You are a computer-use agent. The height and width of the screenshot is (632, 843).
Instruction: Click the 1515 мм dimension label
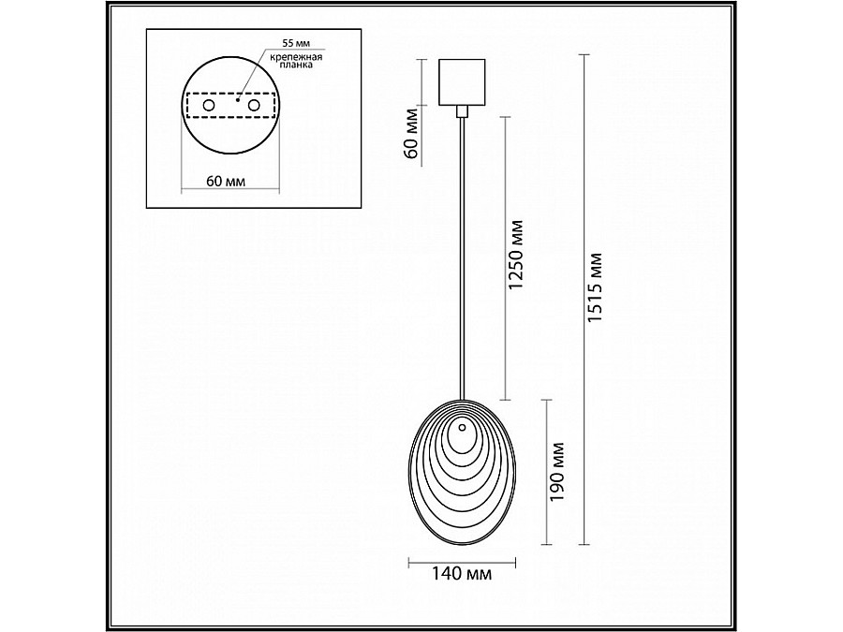click(x=596, y=287)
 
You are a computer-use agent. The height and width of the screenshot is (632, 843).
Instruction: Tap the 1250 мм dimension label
click(x=515, y=254)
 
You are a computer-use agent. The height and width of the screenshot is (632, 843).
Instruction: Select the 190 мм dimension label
click(x=557, y=471)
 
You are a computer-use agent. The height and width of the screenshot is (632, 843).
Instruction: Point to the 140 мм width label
click(x=462, y=574)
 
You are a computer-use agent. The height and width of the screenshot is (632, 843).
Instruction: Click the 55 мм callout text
click(x=296, y=43)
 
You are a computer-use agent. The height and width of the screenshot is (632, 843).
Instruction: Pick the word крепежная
click(x=296, y=56)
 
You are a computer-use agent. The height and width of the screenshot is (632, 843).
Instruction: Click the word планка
click(x=296, y=65)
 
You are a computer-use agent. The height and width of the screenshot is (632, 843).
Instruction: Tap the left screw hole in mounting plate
click(x=209, y=105)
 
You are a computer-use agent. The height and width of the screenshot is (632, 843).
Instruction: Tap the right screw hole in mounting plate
click(x=254, y=105)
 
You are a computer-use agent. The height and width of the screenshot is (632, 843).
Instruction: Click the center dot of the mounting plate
click(x=237, y=99)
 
